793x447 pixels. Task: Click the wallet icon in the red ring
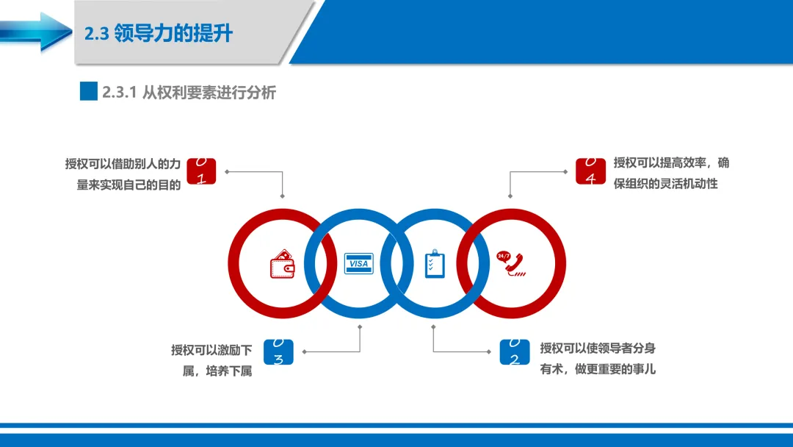tap(283, 265)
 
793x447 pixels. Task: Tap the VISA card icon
tap(359, 263)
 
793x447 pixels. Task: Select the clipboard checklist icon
tap(435, 264)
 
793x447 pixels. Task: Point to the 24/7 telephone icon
tap(510, 263)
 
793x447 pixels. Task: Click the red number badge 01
tap(201, 171)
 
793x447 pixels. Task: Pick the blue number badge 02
tap(514, 352)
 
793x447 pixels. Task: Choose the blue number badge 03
tap(278, 352)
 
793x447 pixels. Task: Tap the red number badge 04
tap(590, 171)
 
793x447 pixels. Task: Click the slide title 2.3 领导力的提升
tap(159, 33)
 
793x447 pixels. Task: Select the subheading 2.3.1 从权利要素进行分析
tap(189, 93)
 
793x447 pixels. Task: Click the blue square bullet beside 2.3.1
tap(89, 91)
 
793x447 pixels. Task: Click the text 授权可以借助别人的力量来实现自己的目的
tap(123, 174)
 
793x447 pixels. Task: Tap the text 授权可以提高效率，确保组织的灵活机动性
tap(670, 174)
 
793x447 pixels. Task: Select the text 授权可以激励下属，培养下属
tap(212, 360)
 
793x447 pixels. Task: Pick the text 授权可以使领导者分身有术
tap(597, 359)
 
